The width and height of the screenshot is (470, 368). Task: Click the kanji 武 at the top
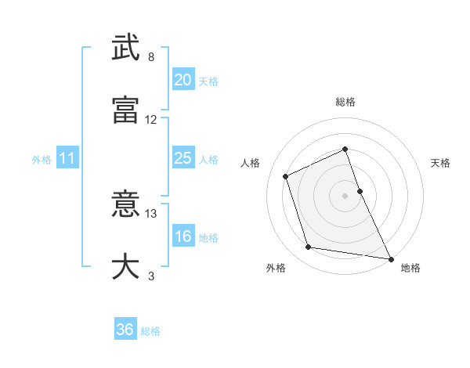(125, 49)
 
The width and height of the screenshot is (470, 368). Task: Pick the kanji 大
(125, 266)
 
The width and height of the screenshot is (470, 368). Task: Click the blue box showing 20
(183, 80)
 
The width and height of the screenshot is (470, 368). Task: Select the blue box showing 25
(183, 158)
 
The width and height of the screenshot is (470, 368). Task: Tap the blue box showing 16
(183, 236)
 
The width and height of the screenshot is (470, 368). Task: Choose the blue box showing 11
(67, 158)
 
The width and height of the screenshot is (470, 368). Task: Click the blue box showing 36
(125, 330)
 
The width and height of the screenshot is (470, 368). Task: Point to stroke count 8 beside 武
(151, 58)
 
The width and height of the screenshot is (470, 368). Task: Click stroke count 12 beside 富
(151, 120)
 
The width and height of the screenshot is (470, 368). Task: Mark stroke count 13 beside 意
(151, 213)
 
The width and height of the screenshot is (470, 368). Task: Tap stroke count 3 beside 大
(151, 276)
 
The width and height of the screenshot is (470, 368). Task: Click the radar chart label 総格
(345, 102)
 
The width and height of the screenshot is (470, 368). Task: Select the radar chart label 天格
(440, 163)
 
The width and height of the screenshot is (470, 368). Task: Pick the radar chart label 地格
(410, 268)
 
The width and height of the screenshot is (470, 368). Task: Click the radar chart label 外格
(276, 268)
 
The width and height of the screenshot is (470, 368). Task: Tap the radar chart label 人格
(251, 163)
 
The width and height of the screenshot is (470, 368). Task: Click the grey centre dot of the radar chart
(345, 195)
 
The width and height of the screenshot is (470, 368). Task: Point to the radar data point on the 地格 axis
(390, 258)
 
